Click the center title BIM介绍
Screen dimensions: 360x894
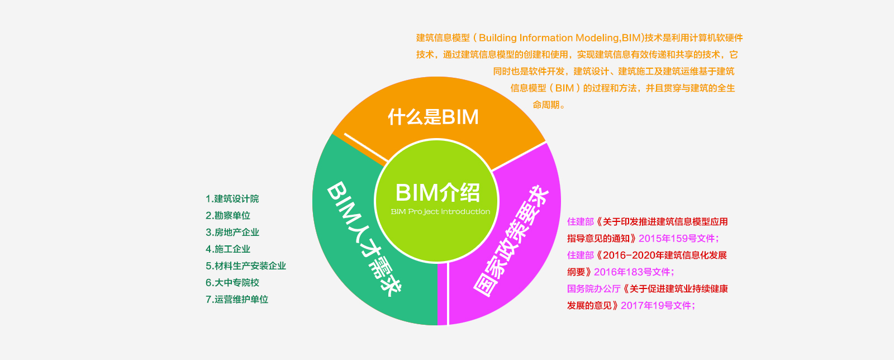(x=438, y=192)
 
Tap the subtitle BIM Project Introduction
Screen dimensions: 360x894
(x=440, y=212)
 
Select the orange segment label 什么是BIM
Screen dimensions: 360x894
(x=433, y=117)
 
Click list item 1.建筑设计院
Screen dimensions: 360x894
(x=232, y=199)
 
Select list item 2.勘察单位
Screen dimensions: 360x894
(x=227, y=216)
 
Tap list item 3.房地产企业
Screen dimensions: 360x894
(x=232, y=233)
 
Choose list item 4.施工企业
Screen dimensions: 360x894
(x=227, y=249)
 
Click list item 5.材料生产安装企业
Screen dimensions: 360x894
(x=245, y=266)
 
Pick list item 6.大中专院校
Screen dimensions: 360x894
(x=232, y=283)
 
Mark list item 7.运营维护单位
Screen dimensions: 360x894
(x=236, y=300)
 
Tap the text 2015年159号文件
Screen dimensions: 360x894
(x=677, y=239)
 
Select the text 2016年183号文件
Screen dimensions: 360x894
(x=632, y=272)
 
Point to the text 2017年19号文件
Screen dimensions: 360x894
(x=656, y=306)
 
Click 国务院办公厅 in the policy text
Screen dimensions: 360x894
(x=593, y=289)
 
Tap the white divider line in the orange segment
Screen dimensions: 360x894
(x=366, y=148)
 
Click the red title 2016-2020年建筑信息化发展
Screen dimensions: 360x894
(x=665, y=255)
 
